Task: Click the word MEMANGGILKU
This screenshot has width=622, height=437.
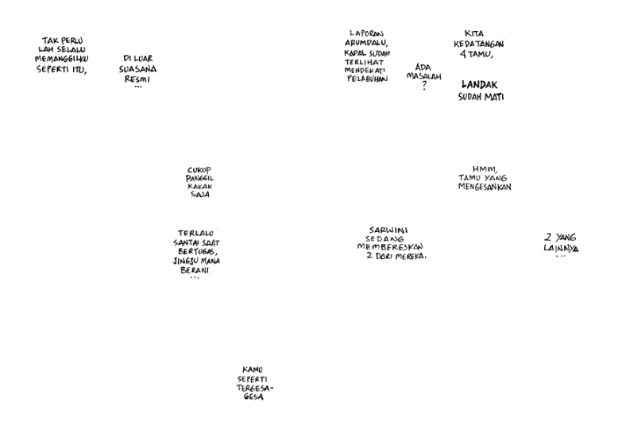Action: [61, 59]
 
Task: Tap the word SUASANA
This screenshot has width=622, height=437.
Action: [137, 69]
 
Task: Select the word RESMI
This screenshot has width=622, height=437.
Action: [137, 79]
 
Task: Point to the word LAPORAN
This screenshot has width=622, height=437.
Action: [366, 33]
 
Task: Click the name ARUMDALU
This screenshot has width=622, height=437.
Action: [366, 43]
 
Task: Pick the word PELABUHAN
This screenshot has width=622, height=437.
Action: [367, 79]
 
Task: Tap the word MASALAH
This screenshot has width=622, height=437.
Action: [423, 76]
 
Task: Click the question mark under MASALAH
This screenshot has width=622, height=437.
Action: [424, 86]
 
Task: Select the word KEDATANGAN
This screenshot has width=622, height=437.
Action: [478, 44]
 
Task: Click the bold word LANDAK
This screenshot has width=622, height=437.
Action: [480, 85]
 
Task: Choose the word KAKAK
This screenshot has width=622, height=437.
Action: [199, 186]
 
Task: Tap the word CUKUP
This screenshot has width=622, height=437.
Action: [199, 169]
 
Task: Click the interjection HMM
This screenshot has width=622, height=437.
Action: [483, 168]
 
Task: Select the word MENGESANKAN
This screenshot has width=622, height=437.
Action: [484, 188]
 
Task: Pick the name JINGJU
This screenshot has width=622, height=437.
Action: [184, 261]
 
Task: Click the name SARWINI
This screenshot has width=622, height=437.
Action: [388, 230]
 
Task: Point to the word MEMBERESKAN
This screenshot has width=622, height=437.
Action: [389, 247]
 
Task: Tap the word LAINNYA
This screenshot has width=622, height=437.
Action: [561, 249]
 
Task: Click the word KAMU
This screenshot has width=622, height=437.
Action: [253, 369]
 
